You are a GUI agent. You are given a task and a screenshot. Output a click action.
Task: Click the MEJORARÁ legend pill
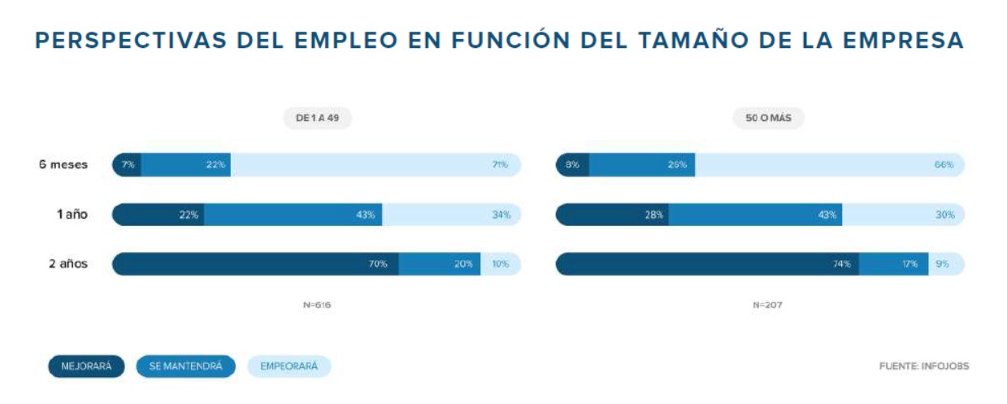(x=86, y=367)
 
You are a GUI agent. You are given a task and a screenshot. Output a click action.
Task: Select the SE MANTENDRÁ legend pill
(x=185, y=367)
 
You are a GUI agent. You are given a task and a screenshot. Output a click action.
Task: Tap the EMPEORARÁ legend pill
(x=289, y=367)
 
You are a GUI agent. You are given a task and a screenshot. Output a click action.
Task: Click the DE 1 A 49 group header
(x=317, y=118)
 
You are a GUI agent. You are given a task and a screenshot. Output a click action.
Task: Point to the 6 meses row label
(x=63, y=164)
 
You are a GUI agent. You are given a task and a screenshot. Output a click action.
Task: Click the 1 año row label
(x=72, y=215)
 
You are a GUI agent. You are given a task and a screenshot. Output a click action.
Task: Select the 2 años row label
(x=68, y=264)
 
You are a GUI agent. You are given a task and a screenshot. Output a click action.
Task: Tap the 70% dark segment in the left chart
(x=255, y=264)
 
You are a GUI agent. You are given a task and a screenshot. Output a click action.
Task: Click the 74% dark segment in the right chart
(x=707, y=264)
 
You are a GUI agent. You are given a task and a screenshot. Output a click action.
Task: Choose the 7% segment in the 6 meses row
(x=127, y=165)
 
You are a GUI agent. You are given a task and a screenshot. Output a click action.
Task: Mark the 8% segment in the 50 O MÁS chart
(x=572, y=165)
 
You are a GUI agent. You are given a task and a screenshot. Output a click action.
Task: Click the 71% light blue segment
(x=375, y=165)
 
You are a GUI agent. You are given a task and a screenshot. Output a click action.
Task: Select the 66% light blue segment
(x=829, y=165)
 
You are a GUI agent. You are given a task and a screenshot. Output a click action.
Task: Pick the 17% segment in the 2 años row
(x=894, y=264)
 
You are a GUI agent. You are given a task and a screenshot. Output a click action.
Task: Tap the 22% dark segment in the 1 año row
(x=158, y=215)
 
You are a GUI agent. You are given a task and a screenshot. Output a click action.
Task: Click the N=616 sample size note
(x=317, y=306)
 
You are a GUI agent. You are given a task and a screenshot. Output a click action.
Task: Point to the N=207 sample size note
(x=767, y=306)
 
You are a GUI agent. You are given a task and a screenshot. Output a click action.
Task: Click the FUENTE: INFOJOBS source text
(x=924, y=367)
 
